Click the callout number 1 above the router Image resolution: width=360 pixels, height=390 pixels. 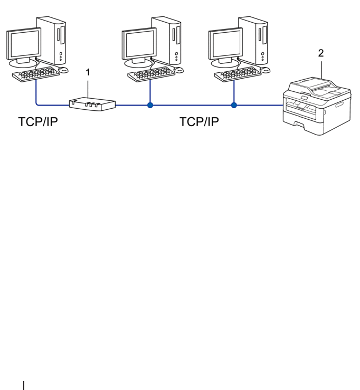point(88,72)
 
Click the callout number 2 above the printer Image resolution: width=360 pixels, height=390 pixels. point(320,53)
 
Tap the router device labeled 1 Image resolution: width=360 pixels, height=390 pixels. point(92,103)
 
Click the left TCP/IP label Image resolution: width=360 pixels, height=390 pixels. point(38,122)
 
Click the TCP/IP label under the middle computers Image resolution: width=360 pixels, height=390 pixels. point(199,122)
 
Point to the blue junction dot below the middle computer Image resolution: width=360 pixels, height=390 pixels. point(150,106)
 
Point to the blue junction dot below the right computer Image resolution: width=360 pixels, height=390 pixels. point(234,106)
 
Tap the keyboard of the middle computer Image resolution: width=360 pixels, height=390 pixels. point(151,73)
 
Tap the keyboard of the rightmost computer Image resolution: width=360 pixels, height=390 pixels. point(238,73)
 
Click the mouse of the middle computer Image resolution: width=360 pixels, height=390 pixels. point(178,70)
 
